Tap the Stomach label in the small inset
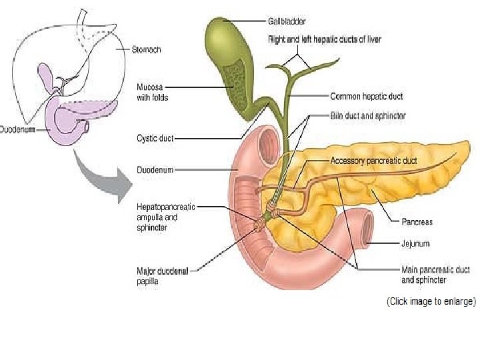pos(146,49)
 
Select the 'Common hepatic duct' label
pos(366,97)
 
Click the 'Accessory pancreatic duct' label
pos(375,161)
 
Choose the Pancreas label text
pos(418,221)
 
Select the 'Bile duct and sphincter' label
pos(368,116)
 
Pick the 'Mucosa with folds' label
pos(153,92)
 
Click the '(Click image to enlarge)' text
pos(432,301)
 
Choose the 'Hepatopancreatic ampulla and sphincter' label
pos(166,217)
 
